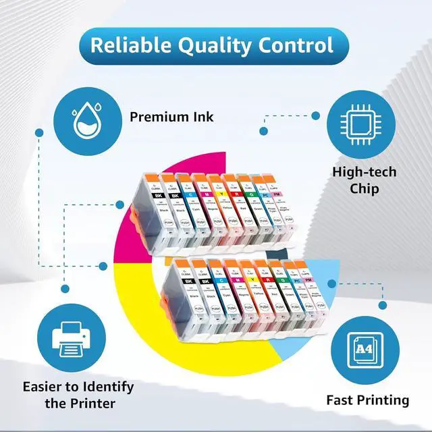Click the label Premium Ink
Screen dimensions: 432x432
(x=172, y=117)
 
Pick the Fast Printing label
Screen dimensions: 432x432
(x=368, y=400)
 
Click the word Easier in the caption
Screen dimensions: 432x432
(x=48, y=387)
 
